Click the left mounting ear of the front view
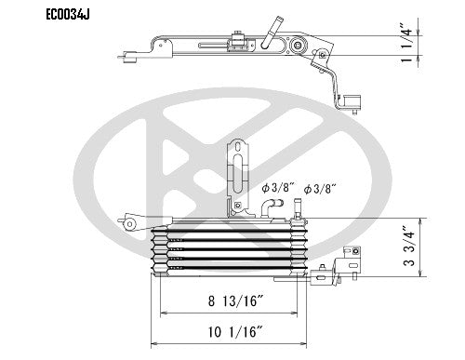click(x=128, y=222)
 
